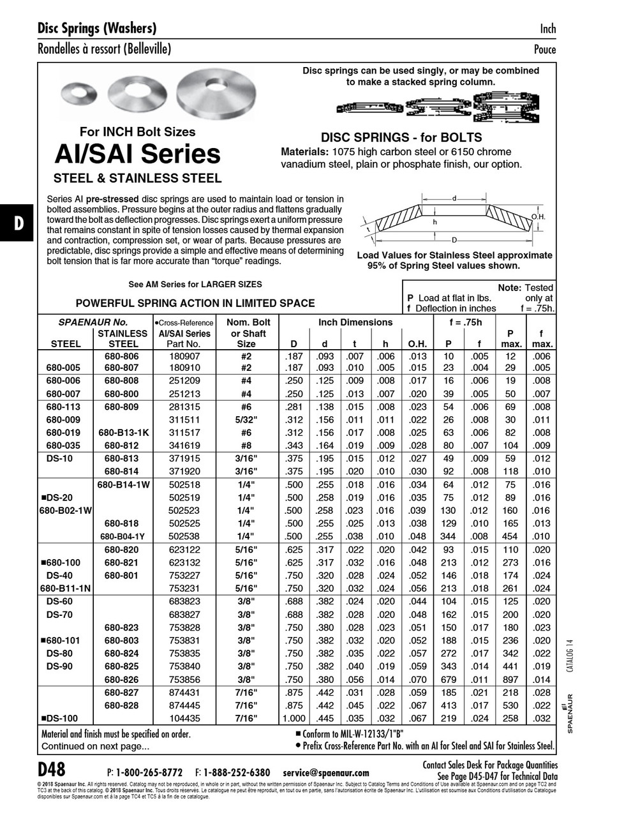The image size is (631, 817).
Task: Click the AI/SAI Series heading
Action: [137, 154]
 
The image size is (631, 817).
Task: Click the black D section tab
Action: [19, 223]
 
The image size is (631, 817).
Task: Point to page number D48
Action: [52, 768]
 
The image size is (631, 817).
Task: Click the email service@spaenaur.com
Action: [325, 772]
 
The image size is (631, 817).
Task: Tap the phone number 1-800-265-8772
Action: [149, 772]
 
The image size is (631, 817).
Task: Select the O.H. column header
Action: [417, 343]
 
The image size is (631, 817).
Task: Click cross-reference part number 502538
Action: [184, 536]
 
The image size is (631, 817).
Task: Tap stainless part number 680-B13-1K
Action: [123, 432]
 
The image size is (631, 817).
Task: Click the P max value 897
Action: [510, 679]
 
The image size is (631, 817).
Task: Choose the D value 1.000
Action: [294, 717]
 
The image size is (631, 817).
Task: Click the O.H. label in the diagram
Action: [538, 218]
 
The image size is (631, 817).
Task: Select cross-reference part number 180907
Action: [184, 356]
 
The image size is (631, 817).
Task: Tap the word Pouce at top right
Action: [545, 49]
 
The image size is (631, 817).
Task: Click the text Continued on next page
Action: [95, 746]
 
